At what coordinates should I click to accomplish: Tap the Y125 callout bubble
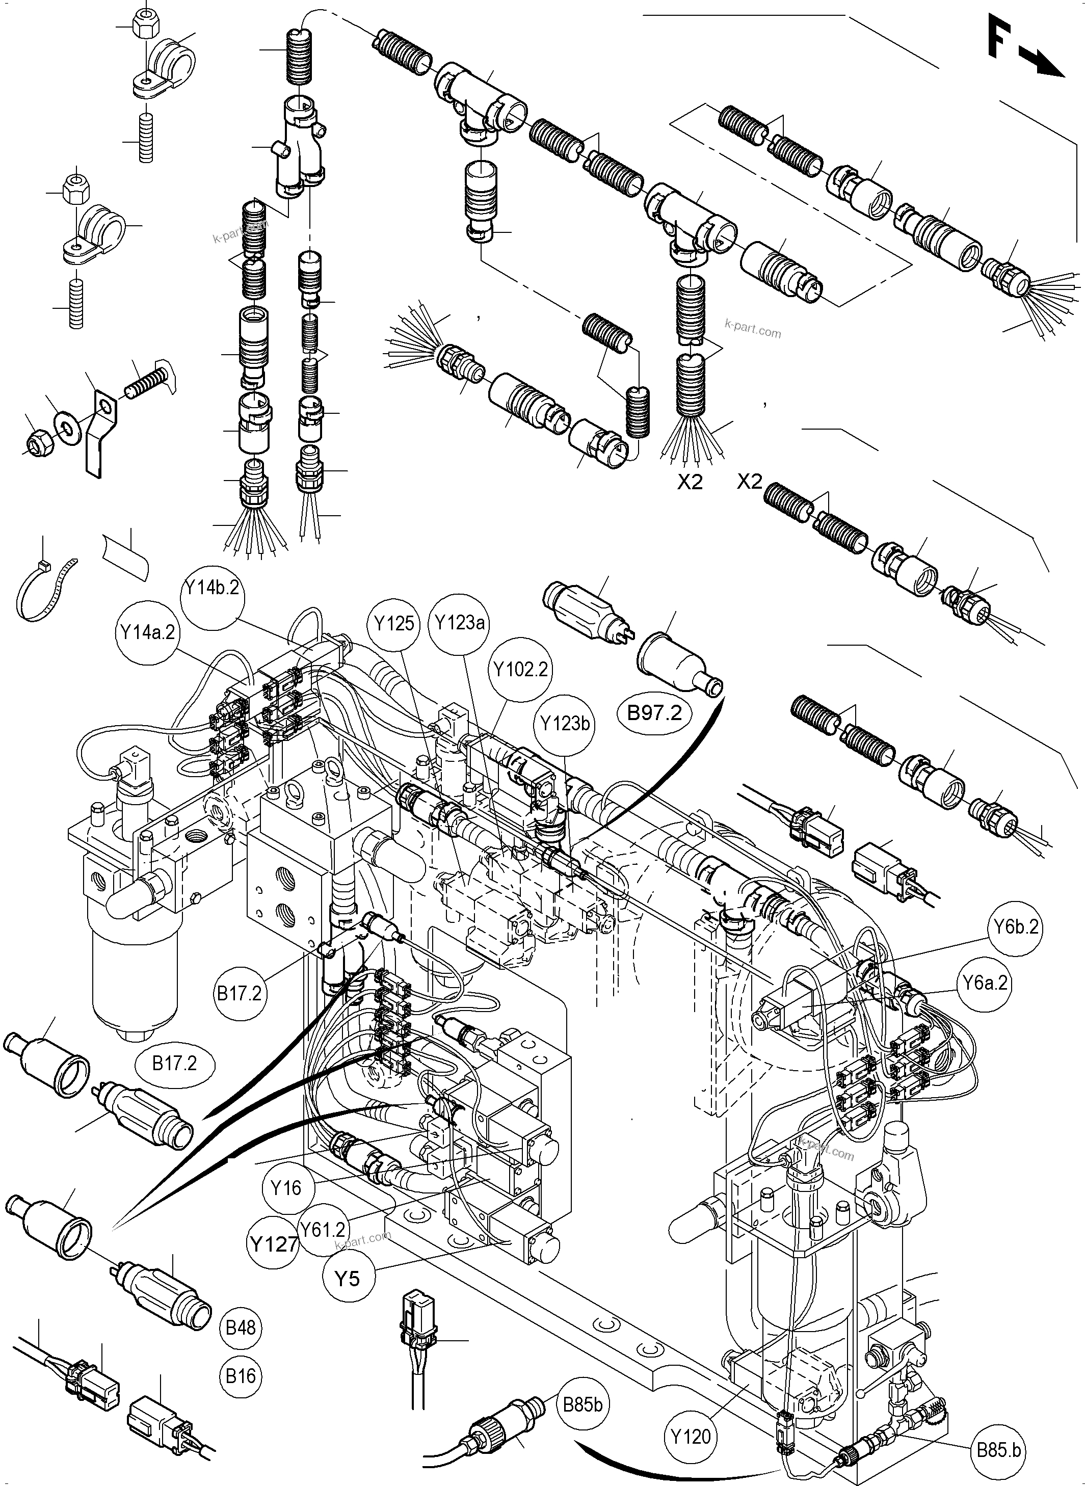[x=395, y=623]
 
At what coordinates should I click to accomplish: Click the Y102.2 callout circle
[x=521, y=670]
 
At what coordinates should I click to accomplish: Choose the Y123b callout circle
[x=565, y=724]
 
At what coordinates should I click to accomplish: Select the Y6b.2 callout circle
[x=1015, y=927]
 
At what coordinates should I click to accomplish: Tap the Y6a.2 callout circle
[x=985, y=983]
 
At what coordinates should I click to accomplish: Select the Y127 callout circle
[x=273, y=1243]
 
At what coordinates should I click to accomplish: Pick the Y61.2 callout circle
[x=323, y=1229]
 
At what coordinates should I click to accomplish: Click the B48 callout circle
[x=241, y=1328]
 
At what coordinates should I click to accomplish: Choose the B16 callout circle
[x=241, y=1376]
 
